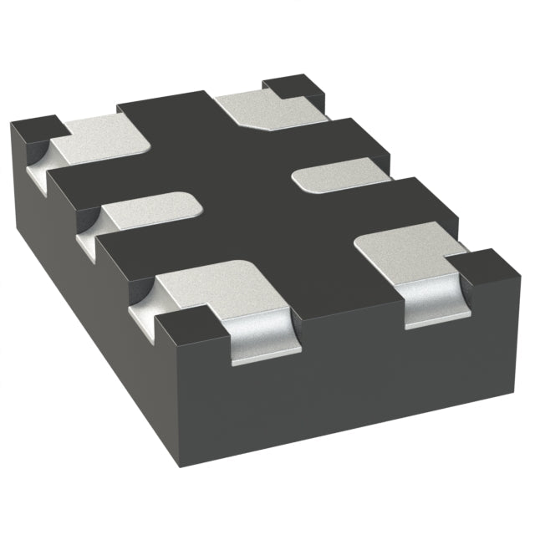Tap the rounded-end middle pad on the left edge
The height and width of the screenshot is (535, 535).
(x=150, y=211)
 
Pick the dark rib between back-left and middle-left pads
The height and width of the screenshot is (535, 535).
(x=84, y=180)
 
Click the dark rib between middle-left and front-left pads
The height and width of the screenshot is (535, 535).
(x=125, y=247)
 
